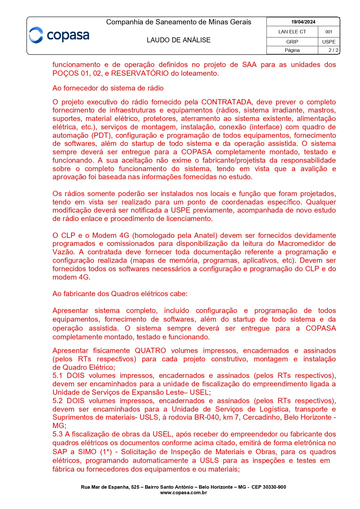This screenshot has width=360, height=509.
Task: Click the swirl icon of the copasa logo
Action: (36, 35)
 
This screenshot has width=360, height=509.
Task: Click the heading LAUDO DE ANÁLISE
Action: (178, 40)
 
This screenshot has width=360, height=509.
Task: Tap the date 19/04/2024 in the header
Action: (303, 22)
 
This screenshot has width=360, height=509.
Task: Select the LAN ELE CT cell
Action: (292, 32)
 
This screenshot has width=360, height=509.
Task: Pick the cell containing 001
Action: (329, 32)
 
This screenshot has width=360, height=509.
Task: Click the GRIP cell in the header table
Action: (292, 42)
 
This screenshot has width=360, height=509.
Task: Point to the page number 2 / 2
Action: (333, 50)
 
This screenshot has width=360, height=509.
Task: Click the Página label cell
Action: (292, 50)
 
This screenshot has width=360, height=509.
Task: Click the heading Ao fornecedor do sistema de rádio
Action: (108, 88)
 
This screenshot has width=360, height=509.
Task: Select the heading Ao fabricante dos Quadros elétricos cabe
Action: (120, 294)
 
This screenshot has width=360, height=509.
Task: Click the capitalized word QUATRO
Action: (150, 351)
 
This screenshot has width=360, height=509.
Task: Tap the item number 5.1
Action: (57, 376)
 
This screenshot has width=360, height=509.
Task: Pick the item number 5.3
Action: (57, 434)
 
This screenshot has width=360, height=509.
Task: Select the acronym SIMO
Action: (87, 452)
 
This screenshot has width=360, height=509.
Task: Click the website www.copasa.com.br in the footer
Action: (183, 492)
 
